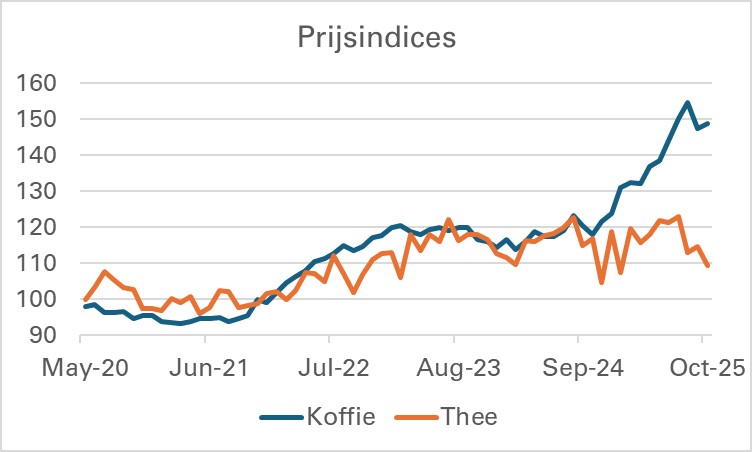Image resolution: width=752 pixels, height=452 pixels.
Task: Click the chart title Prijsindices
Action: [x=376, y=38]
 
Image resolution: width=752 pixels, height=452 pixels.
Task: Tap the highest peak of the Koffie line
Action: [x=688, y=102]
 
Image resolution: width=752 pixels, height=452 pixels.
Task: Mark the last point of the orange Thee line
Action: [x=708, y=265]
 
